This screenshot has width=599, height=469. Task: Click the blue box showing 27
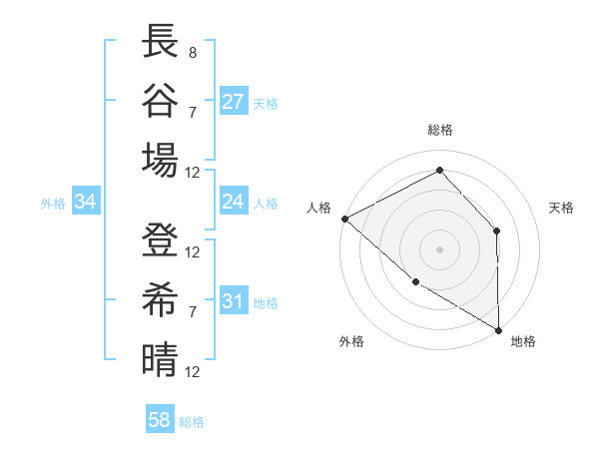234,101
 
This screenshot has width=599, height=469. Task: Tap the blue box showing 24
234,202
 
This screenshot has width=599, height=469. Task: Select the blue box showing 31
234,301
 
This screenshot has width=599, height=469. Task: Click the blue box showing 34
85,202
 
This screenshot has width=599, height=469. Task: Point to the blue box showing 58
160,420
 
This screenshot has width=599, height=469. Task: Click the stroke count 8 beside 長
192,50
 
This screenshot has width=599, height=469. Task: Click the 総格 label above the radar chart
439,130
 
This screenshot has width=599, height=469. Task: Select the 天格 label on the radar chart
561,208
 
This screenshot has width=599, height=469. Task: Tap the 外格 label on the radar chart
351,341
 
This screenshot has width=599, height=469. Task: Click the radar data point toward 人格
344,219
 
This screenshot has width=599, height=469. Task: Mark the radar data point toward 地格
499,330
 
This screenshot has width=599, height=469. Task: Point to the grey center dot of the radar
439,248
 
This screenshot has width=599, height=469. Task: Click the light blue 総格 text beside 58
192,422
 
